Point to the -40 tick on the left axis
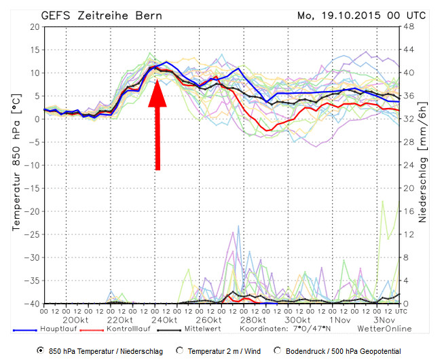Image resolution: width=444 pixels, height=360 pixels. coord(32,304)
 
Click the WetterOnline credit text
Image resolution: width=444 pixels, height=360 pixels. coord(385,329)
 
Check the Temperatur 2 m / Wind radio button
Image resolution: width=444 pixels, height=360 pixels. coord(180,350)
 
